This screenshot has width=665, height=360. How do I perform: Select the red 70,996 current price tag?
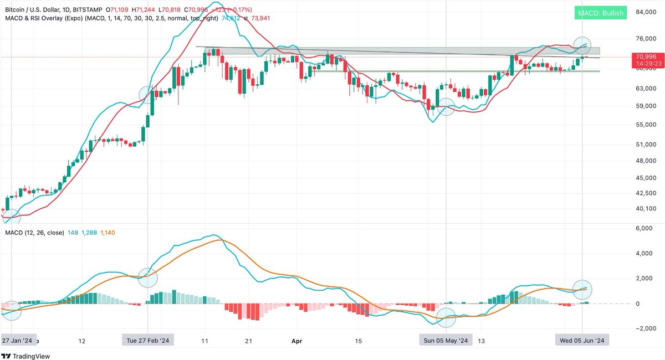(645, 56)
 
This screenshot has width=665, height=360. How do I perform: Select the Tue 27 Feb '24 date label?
(148, 340)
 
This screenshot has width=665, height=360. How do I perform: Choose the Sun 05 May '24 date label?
(447, 340)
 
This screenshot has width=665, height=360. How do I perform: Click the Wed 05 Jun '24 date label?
(582, 340)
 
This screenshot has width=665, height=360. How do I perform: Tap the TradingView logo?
(27, 356)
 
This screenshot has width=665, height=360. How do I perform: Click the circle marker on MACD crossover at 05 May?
(447, 317)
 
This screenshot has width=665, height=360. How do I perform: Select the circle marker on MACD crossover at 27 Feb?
(147, 277)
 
